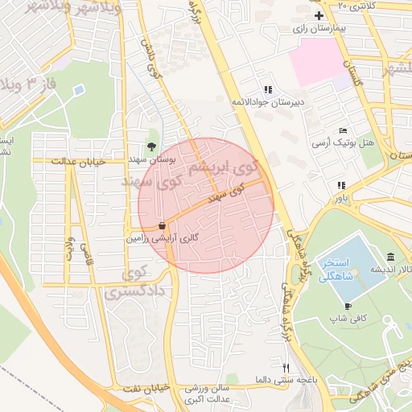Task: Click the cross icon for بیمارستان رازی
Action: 319,15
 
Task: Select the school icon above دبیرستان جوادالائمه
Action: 268,89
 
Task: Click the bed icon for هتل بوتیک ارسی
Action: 344,130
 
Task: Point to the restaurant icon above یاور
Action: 340,185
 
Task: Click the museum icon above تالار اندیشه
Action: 390,257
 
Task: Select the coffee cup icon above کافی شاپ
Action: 348,306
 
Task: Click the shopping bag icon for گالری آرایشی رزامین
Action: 163,226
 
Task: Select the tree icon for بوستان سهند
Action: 151,146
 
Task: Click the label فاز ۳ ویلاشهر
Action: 31,84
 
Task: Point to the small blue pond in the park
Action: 78,91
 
